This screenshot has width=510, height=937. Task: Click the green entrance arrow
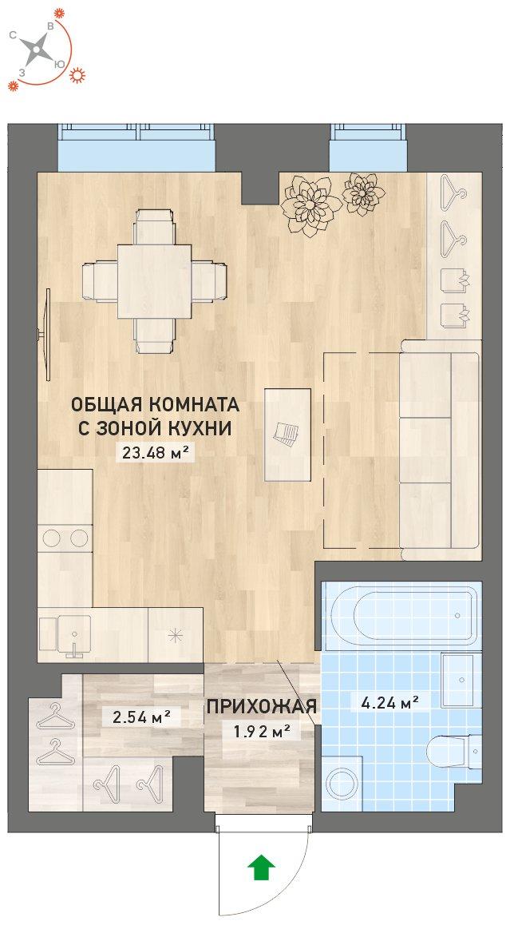click(x=260, y=868)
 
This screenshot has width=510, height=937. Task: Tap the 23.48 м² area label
click(x=155, y=452)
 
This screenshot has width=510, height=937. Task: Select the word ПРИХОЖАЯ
click(x=261, y=707)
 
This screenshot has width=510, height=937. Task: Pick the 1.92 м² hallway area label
click(x=261, y=729)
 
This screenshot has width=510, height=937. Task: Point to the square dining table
click(x=154, y=281)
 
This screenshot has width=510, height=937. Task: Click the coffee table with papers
click(x=288, y=435)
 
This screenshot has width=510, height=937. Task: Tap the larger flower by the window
click(x=307, y=204)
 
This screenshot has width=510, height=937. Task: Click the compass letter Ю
click(x=58, y=64)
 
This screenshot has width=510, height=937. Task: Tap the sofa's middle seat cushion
click(x=425, y=450)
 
